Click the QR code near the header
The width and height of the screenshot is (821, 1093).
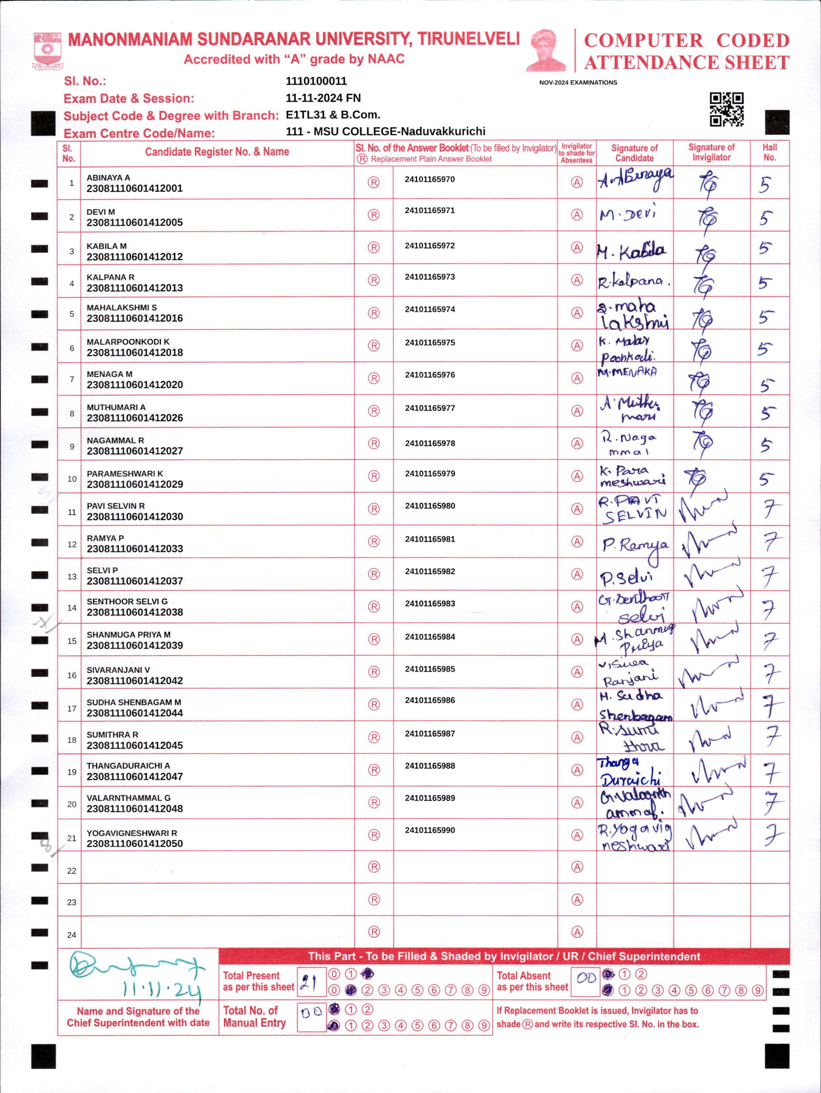pos(726,109)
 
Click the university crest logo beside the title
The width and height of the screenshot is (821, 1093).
pos(47,50)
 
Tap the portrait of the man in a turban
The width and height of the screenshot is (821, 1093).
pos(546,50)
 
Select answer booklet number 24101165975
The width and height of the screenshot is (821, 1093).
pos(430,342)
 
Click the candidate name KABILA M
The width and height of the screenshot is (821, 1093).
pos(106,246)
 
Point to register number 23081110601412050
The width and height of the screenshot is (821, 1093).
pos(135,844)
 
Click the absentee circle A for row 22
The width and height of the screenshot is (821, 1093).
pos(577,867)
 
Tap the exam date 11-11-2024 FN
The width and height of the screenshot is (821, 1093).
pos(323,98)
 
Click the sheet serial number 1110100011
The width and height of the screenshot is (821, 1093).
pos(316,81)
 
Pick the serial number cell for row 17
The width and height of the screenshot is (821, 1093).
pos(72,708)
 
